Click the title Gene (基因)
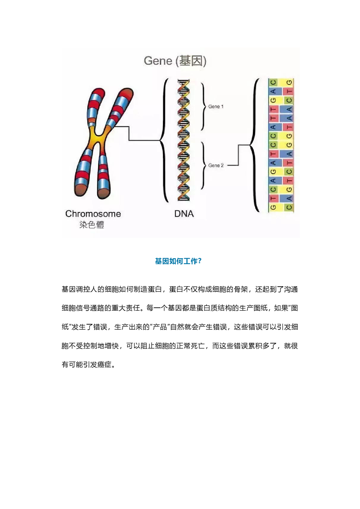click(x=175, y=61)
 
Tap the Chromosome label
click(x=93, y=214)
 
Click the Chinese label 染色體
click(x=92, y=225)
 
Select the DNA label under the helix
click(x=184, y=214)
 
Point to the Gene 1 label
click(x=216, y=107)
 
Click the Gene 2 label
click(x=216, y=165)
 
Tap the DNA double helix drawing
click(x=183, y=140)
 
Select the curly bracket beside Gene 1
click(x=204, y=106)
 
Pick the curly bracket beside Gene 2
click(x=204, y=165)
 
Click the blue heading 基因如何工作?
click(x=178, y=261)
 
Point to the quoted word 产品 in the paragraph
click(x=160, y=327)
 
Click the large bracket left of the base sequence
click(x=255, y=145)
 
